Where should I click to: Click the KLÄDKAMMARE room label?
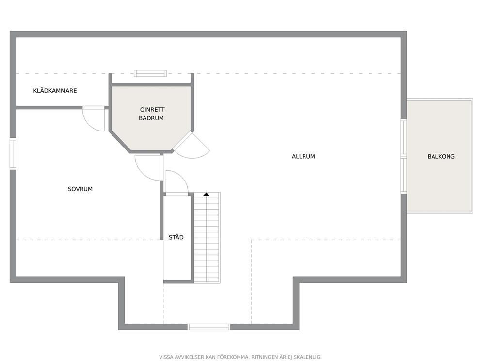click(55, 91)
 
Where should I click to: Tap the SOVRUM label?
click(80, 189)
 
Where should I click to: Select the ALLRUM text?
click(304, 157)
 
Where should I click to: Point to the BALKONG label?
click(441, 157)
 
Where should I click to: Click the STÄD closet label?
click(176, 237)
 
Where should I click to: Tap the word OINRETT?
click(152, 110)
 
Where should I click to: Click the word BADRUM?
click(151, 118)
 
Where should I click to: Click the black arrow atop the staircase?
click(207, 194)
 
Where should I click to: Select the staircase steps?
click(207, 238)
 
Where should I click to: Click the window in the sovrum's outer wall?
click(13, 154)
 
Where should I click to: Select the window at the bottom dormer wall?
click(209, 327)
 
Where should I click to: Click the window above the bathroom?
click(150, 73)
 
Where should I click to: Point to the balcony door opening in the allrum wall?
click(404, 156)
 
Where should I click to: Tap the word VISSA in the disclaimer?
click(166, 357)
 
